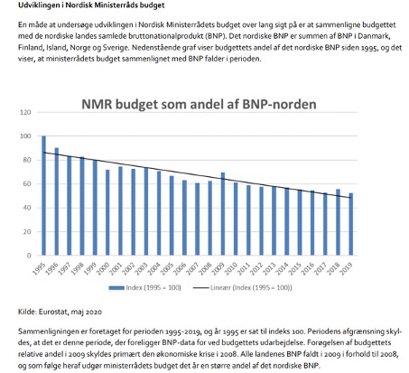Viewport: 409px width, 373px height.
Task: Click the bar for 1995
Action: click(x=43, y=196)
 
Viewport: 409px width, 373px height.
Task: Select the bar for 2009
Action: click(x=223, y=214)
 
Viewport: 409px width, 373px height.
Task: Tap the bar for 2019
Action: click(x=351, y=224)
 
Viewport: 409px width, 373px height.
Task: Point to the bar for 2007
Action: click(x=198, y=219)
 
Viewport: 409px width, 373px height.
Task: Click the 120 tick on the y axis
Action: click(x=25, y=112)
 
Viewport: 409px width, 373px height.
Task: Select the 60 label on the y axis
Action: click(x=27, y=184)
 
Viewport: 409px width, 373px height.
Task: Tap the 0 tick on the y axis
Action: click(x=29, y=256)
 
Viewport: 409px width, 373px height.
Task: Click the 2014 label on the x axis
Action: click(x=283, y=268)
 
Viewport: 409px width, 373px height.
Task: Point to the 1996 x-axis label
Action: click(x=51, y=268)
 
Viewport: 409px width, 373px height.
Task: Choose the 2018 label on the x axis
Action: click(x=334, y=268)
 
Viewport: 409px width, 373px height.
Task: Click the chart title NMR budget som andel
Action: click(x=199, y=104)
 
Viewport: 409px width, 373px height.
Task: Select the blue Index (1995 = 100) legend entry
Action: click(x=144, y=288)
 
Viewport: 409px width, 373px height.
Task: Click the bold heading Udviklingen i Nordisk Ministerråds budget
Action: click(x=91, y=5)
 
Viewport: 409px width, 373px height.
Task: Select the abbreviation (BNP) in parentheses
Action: click(x=216, y=36)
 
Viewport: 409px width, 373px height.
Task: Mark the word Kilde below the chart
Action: click(x=27, y=312)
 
